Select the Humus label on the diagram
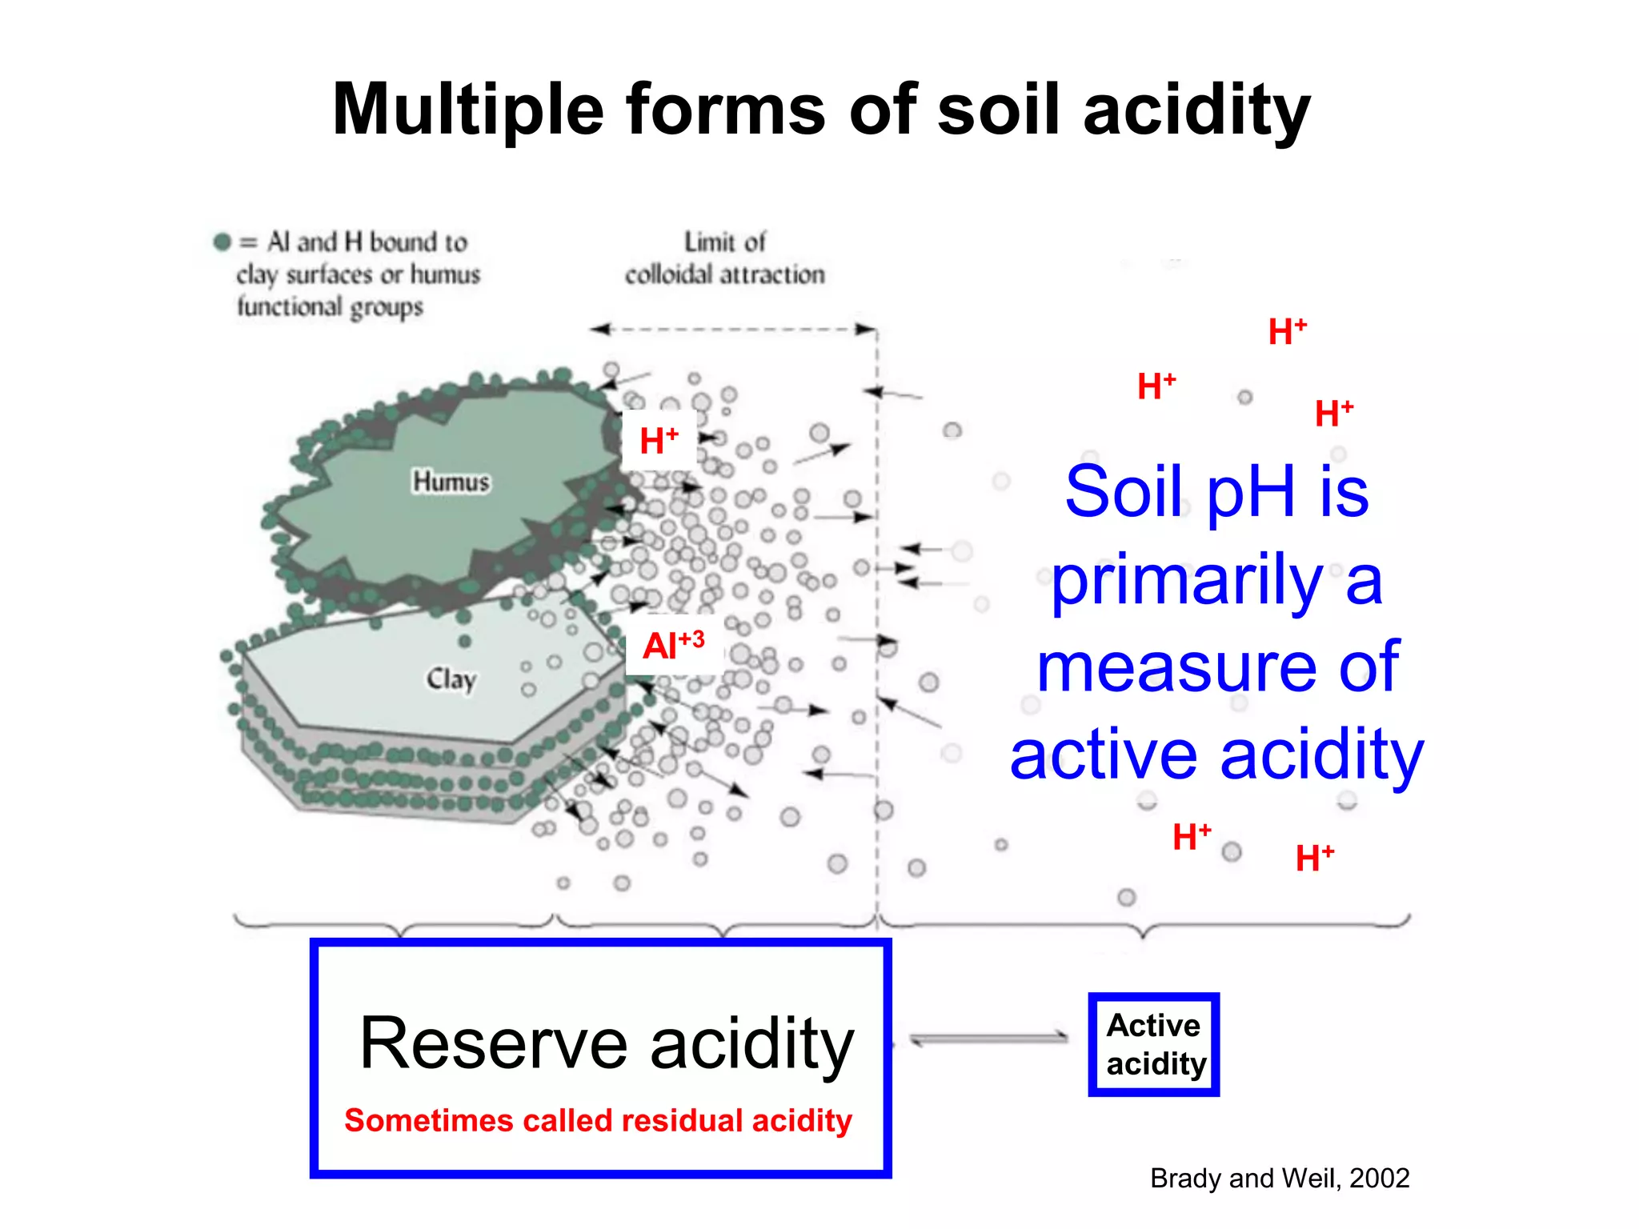[451, 482]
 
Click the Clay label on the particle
[451, 679]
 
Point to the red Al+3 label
[673, 645]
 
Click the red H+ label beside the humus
[659, 440]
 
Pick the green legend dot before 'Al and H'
[222, 242]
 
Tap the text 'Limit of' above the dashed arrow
[724, 242]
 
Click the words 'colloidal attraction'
[724, 274]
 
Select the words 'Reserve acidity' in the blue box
[607, 1043]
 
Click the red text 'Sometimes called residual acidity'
[598, 1120]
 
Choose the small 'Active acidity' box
[1153, 1044]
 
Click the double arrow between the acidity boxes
[989, 1039]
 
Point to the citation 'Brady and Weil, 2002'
[1279, 1178]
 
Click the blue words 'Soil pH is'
[1216, 491]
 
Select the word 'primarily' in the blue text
[1187, 581]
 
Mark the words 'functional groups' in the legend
[330, 307]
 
